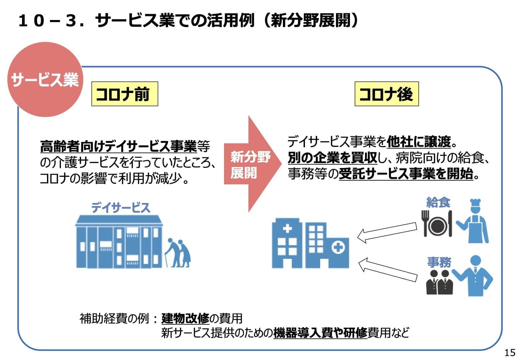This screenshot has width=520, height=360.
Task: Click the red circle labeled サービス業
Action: pyautogui.click(x=45, y=80)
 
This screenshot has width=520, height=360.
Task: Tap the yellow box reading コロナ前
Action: pyautogui.click(x=124, y=94)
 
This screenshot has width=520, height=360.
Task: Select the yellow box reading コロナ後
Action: pyautogui.click(x=386, y=94)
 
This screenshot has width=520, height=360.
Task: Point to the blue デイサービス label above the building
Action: pyautogui.click(x=121, y=208)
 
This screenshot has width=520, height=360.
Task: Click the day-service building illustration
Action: pyautogui.click(x=119, y=242)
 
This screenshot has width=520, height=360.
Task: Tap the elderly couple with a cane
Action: pyautogui.click(x=179, y=253)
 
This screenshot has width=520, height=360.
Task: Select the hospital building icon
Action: pyautogui.click(x=310, y=243)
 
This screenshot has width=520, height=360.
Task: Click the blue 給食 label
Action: pyautogui.click(x=438, y=202)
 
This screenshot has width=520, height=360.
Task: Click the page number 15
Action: pyautogui.click(x=510, y=352)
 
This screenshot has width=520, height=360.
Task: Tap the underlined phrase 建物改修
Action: pyautogui.click(x=185, y=319)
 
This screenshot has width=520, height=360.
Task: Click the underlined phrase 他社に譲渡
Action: pyautogui.click(x=419, y=142)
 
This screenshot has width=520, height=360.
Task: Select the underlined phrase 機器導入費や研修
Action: pyautogui.click(x=320, y=333)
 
